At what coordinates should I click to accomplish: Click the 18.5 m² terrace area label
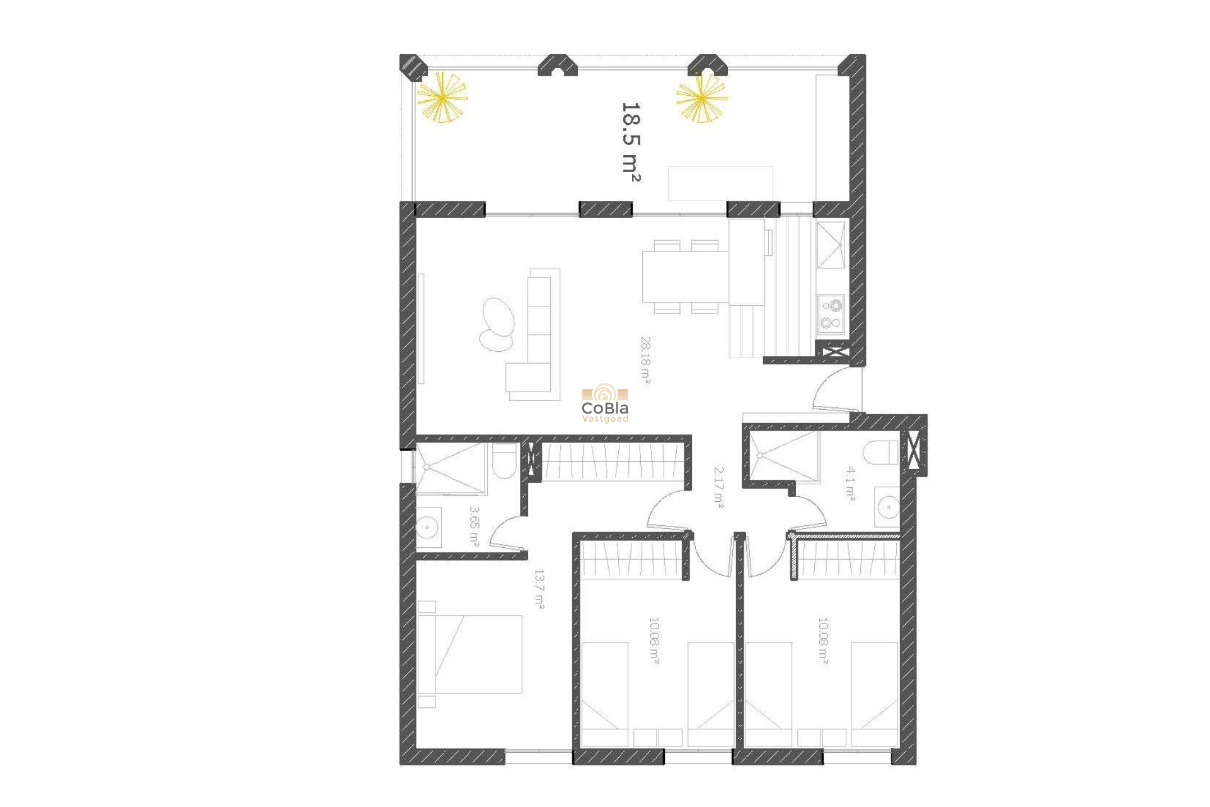coord(631,142)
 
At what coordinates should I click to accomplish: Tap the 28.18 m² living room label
coord(645,360)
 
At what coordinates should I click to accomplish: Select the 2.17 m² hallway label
coord(718,487)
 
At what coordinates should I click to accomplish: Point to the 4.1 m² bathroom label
coord(851,484)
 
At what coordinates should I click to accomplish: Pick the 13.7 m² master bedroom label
coord(539,589)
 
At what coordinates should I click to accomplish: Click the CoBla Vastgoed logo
coord(605,404)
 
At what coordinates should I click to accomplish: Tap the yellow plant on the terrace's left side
coord(442,98)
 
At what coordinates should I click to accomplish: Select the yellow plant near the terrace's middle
coord(701,98)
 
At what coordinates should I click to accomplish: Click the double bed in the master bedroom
coord(470,654)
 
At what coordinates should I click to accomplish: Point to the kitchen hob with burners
coord(831,314)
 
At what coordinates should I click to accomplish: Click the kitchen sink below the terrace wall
coord(831,245)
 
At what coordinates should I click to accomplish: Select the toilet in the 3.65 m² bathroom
coord(504,462)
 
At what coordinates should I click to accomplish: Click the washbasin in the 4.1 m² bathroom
coord(888,506)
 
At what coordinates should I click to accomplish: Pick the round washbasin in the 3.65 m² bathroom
coord(427,526)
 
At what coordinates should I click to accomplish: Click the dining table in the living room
coord(685,277)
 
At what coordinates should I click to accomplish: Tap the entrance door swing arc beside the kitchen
coord(835,391)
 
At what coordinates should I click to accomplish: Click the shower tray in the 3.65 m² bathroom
coord(450,468)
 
